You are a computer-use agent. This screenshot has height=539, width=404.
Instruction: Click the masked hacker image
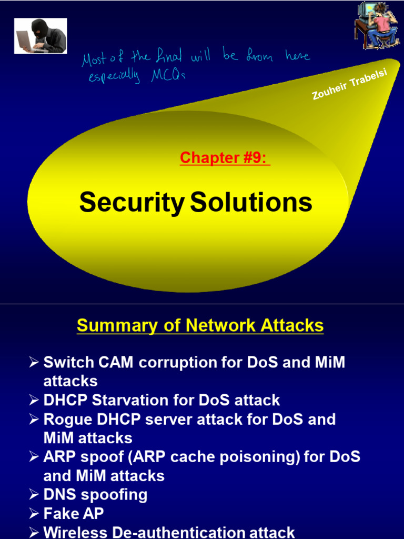pos(41,36)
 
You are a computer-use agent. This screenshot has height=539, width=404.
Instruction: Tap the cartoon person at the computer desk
pos(377,25)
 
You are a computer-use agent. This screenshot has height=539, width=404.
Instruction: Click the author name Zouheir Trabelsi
pos(349,84)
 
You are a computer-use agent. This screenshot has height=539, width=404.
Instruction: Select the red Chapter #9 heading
pos(225,157)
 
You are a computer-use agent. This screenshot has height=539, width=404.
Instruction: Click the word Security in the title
pos(132,203)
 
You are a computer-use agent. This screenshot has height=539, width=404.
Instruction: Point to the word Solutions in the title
pos(251,203)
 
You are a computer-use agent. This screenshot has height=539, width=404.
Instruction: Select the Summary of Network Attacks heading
pos(200,325)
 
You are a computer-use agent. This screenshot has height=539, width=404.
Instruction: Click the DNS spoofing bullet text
pos(95,494)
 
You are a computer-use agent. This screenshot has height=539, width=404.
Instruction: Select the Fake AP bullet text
pos(73,513)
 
